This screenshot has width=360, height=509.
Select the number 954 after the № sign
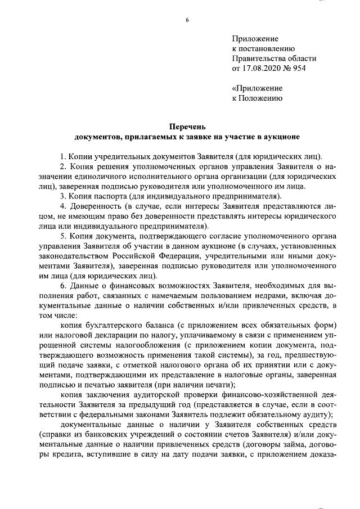tap(309, 68)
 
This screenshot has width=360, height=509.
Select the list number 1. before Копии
tap(63, 156)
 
